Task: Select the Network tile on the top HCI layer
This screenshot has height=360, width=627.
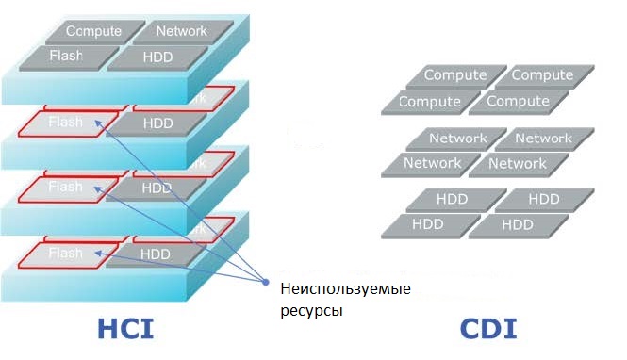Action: point(181,31)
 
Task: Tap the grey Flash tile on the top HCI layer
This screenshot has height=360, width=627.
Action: point(66,57)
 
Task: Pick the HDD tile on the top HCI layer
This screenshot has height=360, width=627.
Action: point(157,57)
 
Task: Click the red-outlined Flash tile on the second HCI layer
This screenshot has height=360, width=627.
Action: point(67,123)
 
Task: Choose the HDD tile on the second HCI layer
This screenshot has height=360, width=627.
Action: point(157,123)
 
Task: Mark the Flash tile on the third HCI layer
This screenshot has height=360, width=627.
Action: point(67,188)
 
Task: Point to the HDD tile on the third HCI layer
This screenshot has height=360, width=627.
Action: point(157,188)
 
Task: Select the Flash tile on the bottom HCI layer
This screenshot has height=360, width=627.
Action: point(67,254)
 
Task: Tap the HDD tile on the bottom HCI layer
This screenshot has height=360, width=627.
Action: point(157,254)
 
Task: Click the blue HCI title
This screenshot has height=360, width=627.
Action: point(125,330)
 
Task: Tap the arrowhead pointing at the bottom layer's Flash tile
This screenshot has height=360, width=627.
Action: point(111,253)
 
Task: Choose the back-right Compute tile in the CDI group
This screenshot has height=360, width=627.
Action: point(541,75)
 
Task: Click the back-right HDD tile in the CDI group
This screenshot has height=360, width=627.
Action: point(544,200)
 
